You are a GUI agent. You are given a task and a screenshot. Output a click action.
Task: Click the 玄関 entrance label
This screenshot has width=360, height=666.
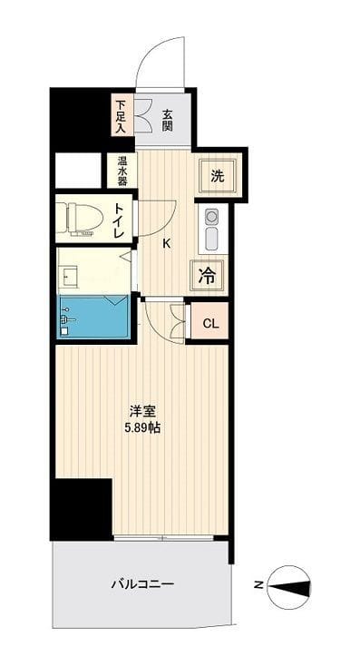[168, 120]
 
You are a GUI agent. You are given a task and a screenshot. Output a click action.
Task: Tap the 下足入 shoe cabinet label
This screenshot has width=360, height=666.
[122, 116]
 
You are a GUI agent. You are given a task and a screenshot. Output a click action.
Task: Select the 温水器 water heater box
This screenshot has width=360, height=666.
[121, 171]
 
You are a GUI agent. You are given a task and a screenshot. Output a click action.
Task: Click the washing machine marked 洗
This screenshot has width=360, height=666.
[218, 177]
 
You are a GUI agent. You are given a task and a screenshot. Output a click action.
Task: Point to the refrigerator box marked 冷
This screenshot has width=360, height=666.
[208, 277]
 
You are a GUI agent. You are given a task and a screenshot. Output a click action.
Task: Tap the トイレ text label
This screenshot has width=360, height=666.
[119, 220]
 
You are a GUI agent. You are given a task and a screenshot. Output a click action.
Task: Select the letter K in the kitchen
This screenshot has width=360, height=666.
[167, 244]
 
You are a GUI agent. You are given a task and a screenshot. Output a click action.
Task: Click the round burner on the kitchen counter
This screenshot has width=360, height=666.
[211, 217]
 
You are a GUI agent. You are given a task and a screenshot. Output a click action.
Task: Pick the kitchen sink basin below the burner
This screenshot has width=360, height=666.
[211, 240]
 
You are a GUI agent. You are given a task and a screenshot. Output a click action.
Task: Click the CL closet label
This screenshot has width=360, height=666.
[210, 324]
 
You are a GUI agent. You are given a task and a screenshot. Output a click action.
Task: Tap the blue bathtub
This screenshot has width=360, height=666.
[93, 317]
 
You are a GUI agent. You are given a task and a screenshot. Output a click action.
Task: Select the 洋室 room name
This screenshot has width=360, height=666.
[144, 412]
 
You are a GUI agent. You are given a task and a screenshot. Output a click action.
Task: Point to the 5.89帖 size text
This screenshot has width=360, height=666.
[142, 429]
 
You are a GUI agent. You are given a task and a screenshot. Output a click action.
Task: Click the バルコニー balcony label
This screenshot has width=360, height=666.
[142, 584]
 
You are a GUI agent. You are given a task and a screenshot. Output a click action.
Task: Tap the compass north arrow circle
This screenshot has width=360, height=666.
[288, 586]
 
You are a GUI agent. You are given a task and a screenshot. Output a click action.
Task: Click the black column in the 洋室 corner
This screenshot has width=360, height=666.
[81, 510]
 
